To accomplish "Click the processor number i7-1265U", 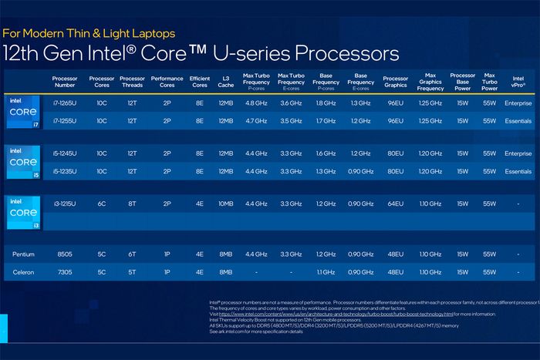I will coord(64,103).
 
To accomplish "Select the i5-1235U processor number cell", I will coord(64,170).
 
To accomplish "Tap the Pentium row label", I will coord(23,254).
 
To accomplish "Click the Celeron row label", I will coord(23,272).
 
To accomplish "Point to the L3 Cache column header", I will coord(225,82).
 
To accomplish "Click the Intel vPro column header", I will coord(518,82).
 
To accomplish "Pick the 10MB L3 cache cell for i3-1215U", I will coord(225,204).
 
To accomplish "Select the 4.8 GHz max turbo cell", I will coord(256,103).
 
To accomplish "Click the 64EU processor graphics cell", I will coord(395,204).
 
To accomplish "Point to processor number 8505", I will coord(64,254).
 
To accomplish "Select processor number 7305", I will coord(64,272).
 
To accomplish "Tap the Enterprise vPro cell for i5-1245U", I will coord(518,153).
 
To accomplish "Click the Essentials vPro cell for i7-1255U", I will coord(518,120).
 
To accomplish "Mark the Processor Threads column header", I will coord(133,82).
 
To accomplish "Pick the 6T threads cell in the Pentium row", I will coord(133,254).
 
